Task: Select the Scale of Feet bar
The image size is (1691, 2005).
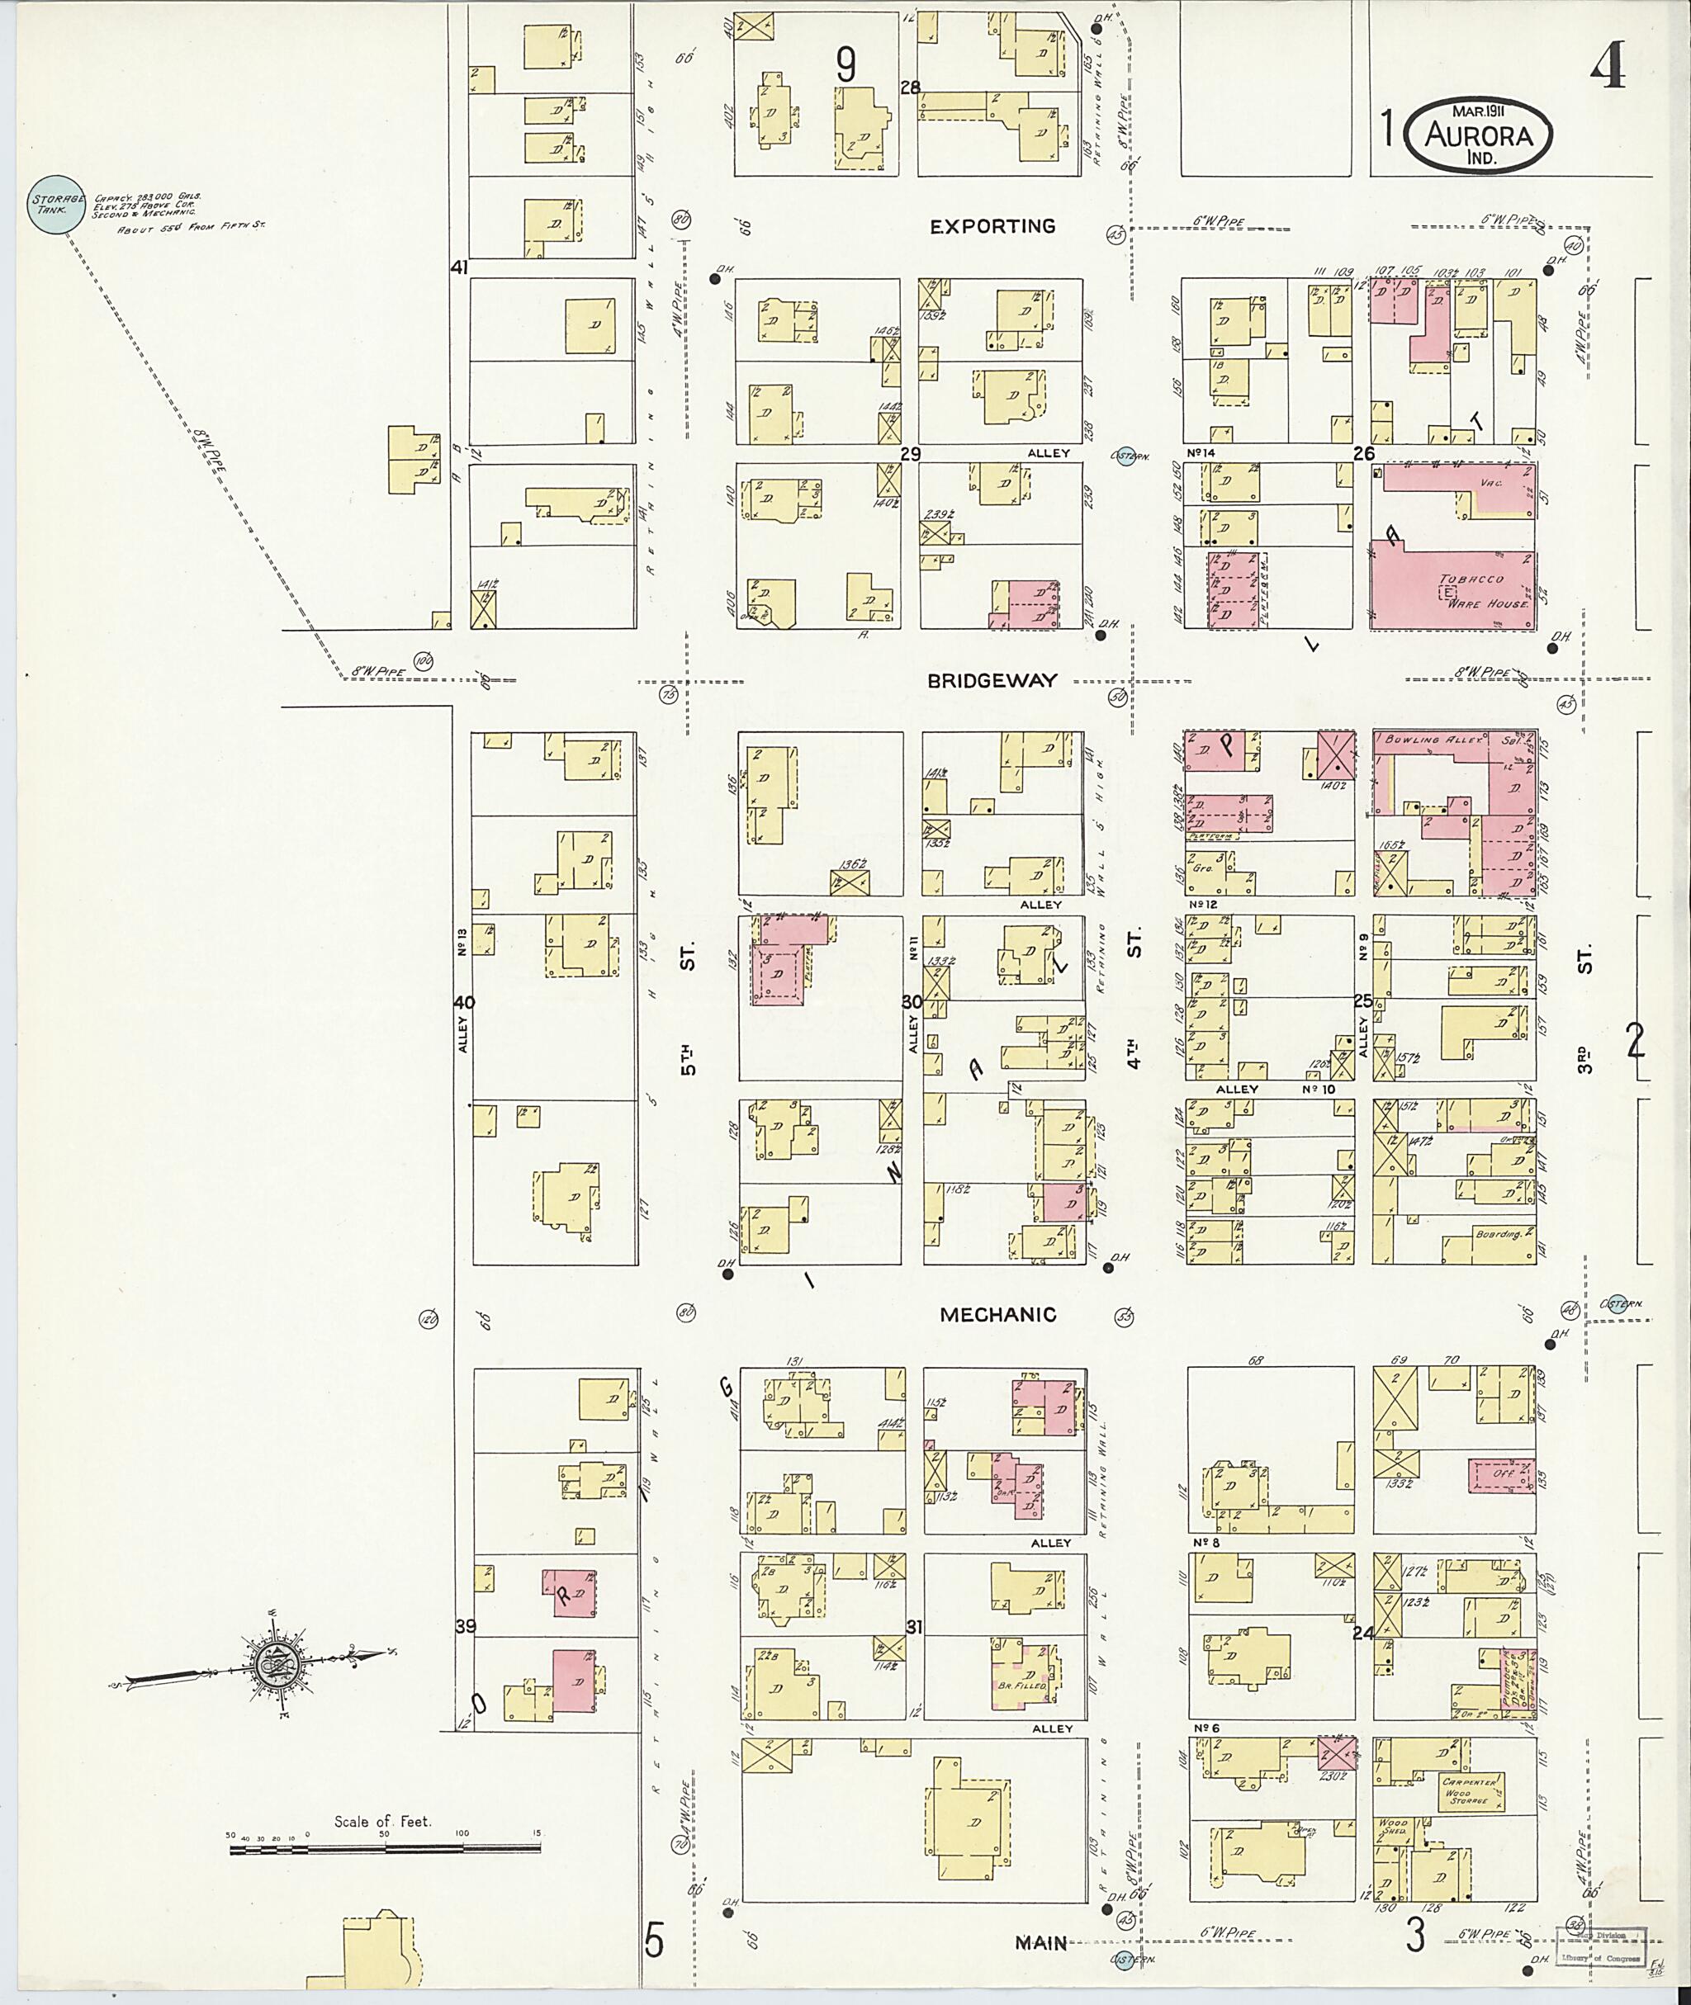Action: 383,1851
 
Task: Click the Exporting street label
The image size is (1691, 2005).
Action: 992,227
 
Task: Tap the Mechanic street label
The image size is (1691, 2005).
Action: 997,1315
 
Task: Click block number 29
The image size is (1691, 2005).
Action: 910,453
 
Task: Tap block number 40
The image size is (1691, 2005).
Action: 464,1002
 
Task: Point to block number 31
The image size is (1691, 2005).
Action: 913,1628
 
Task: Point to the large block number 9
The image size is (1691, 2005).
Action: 845,65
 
